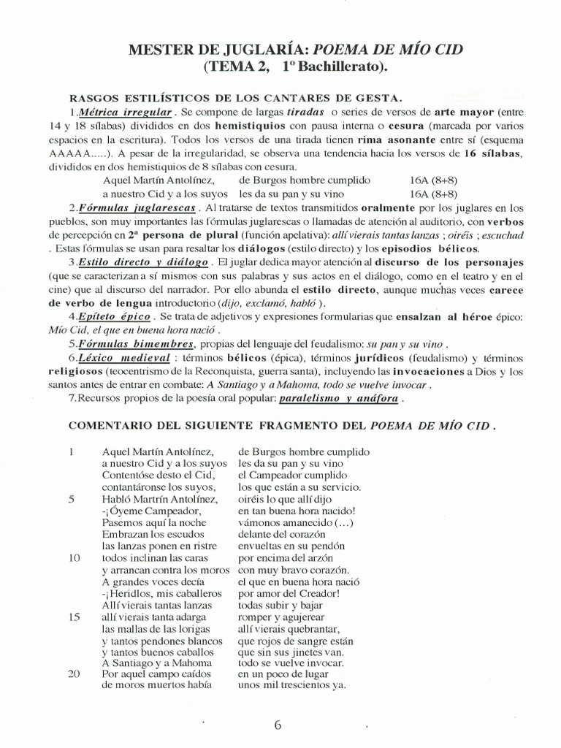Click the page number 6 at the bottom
[x=278, y=725]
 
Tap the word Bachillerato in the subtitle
[x=340, y=67]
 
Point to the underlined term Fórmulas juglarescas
[x=130, y=207]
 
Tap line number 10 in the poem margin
[x=73, y=557]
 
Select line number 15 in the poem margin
[x=73, y=616]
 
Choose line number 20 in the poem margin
[x=73, y=673]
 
